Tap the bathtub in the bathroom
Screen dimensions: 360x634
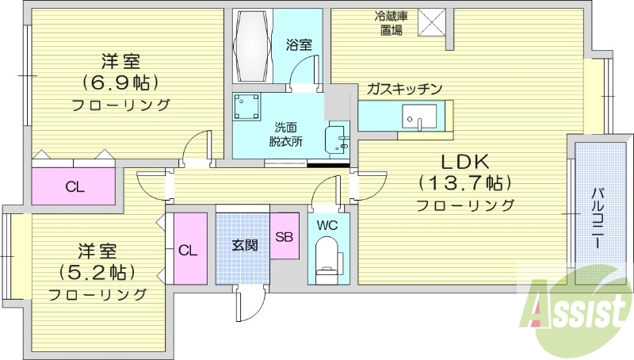point(254,45)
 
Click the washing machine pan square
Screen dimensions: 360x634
point(247,106)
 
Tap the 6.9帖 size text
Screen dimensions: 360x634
point(121,82)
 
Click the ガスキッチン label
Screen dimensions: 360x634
point(403,90)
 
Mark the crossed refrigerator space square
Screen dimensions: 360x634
point(431,21)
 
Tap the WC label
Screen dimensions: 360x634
point(327,225)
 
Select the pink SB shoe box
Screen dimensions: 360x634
point(285,236)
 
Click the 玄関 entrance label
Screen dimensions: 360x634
point(244,245)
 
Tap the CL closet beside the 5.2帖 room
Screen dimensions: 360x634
point(188,251)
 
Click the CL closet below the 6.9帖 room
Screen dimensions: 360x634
point(74,187)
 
